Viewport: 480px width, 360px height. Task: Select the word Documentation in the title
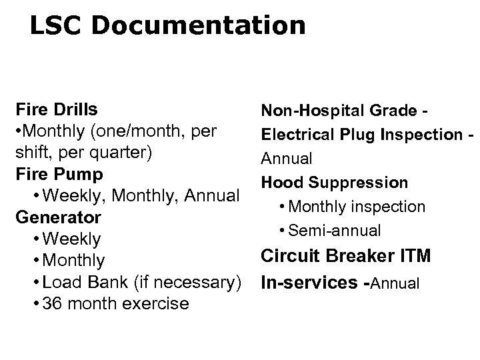(199, 25)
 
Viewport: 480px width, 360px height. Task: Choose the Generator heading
(59, 217)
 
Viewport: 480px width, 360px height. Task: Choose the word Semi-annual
(336, 231)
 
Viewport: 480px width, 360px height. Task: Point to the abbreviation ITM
(414, 256)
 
